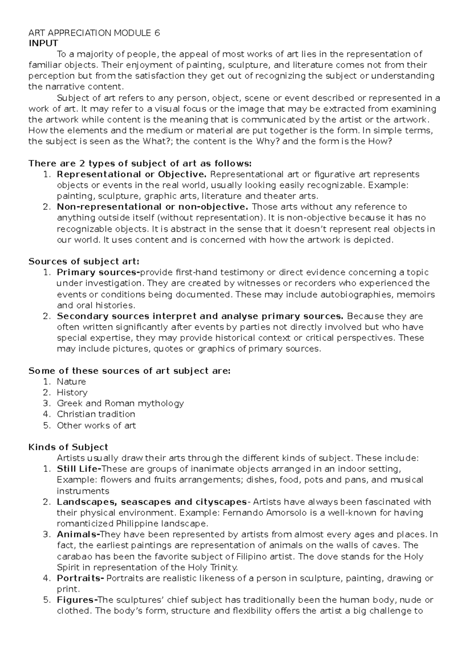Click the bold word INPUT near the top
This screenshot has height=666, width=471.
(x=43, y=43)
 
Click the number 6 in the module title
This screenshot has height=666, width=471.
(x=157, y=33)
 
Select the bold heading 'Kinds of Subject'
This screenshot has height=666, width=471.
(x=68, y=447)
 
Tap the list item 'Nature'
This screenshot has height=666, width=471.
(x=71, y=382)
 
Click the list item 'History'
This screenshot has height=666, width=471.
(x=72, y=393)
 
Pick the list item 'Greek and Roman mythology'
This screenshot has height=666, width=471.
(x=120, y=404)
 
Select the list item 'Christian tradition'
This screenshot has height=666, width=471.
(x=96, y=414)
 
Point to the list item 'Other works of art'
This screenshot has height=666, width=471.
(x=96, y=426)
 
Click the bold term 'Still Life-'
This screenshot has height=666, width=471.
(x=79, y=469)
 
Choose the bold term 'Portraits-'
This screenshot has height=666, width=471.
(x=80, y=578)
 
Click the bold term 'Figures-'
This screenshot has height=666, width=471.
(x=77, y=600)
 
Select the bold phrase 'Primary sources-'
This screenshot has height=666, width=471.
(x=98, y=273)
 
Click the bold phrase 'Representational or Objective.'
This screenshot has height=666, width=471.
(x=131, y=174)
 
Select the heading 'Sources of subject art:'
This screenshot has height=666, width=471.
(x=84, y=262)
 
